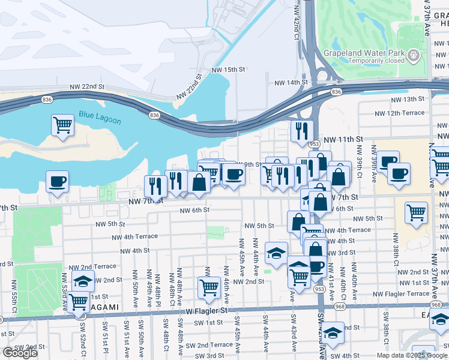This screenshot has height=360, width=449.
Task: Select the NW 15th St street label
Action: click(229, 70)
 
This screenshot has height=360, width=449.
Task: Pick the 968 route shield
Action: click(340, 307)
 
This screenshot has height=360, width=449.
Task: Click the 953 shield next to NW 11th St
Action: click(314, 144)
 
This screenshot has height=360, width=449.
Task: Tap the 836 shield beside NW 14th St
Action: click(336, 92)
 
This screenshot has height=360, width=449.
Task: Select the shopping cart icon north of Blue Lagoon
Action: click(62, 125)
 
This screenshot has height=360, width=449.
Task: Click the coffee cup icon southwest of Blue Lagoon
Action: click(58, 181)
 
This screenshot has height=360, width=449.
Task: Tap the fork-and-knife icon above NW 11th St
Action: click(302, 130)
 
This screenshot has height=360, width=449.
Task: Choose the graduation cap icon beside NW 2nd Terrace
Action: click(83, 280)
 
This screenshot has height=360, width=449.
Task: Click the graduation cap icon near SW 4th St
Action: click(333, 333)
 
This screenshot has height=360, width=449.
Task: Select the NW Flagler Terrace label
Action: click(402, 294)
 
